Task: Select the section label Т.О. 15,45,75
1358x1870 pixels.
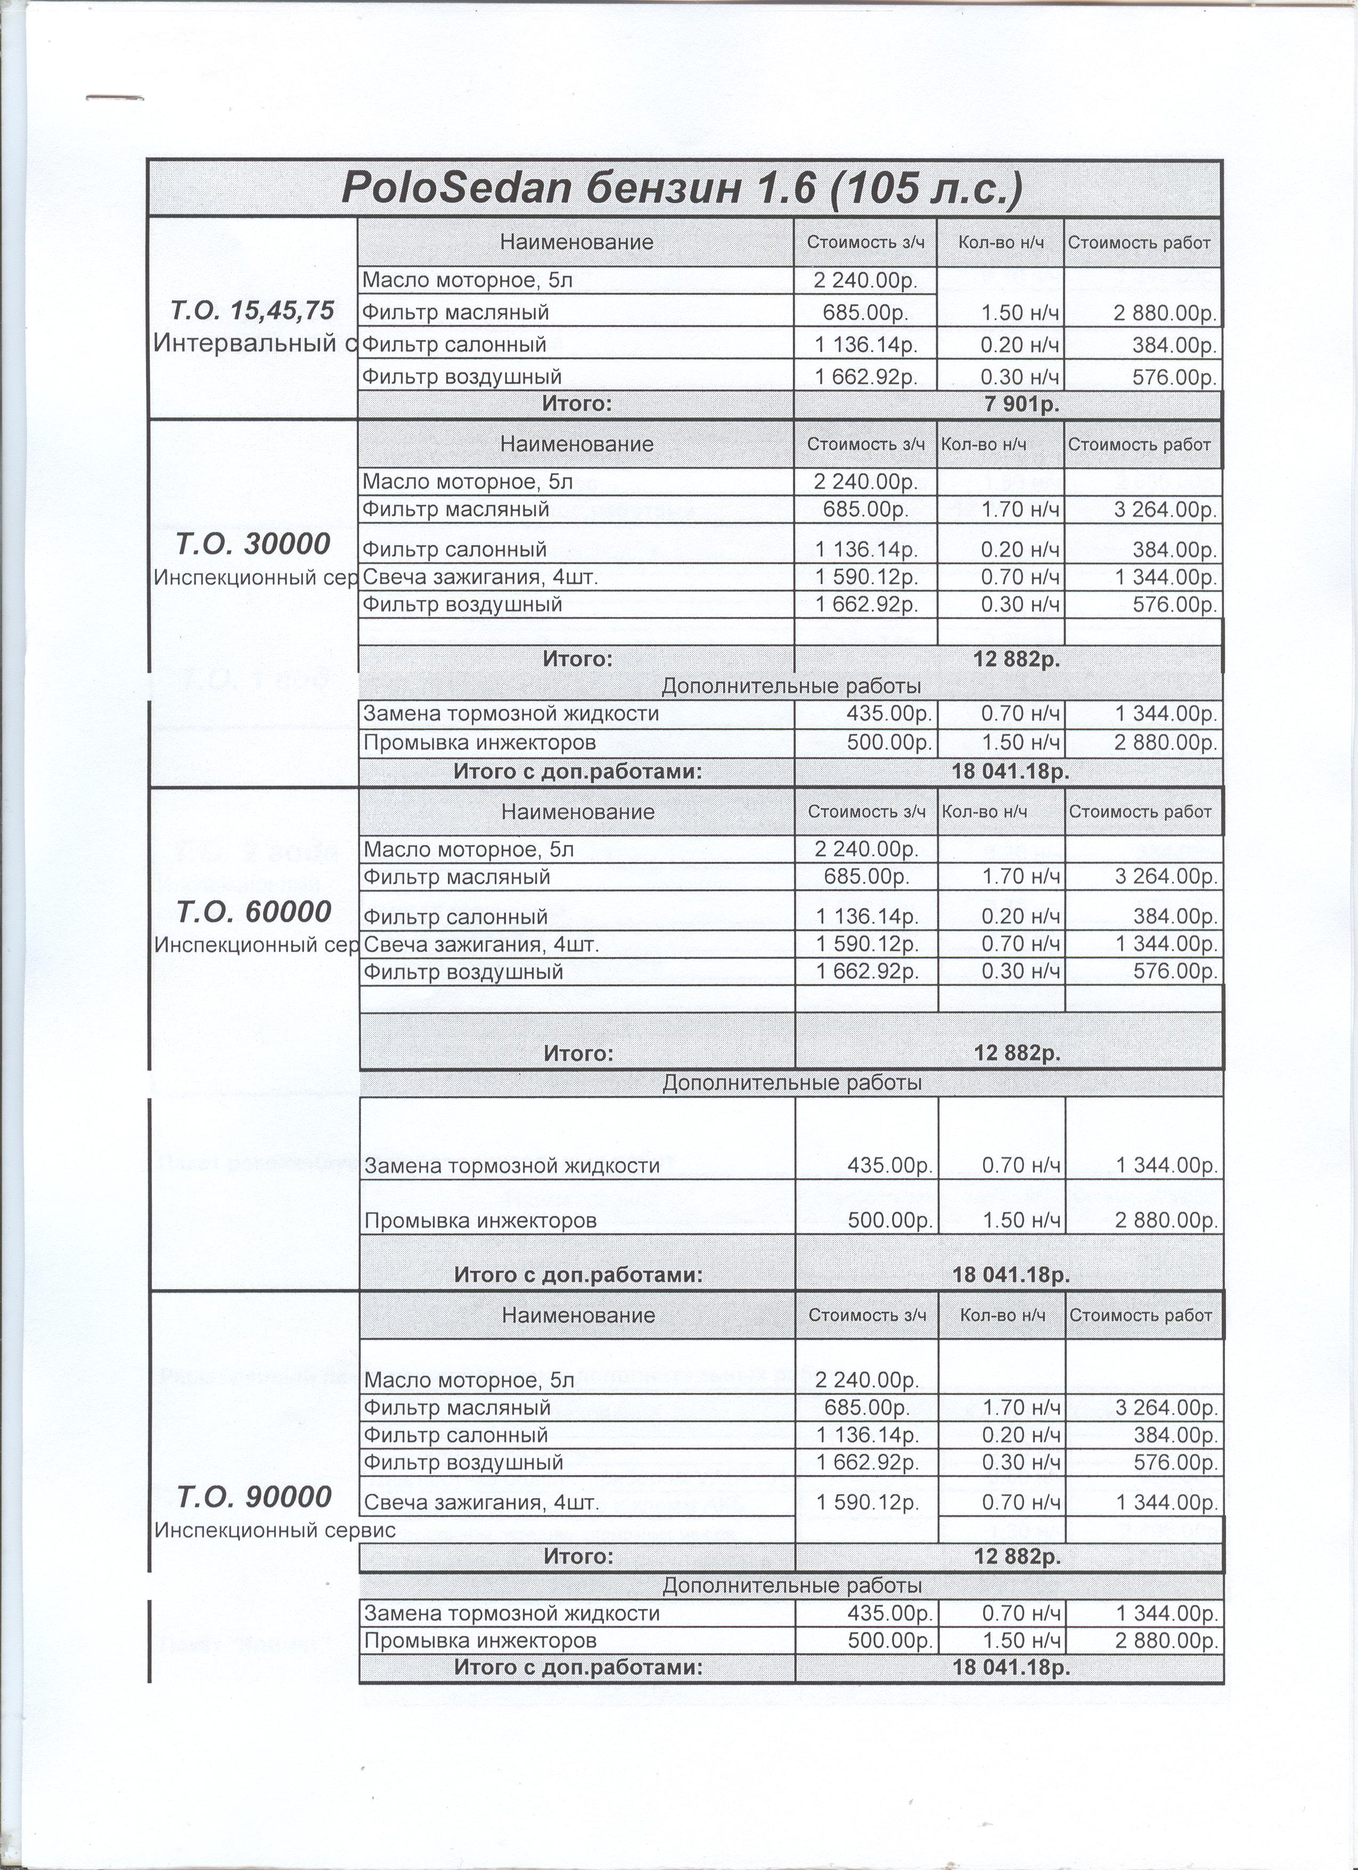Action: (252, 311)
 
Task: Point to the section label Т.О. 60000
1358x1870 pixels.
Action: (254, 911)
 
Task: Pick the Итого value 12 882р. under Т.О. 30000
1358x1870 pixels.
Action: (1016, 660)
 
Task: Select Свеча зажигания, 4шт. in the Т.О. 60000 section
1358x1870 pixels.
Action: (481, 944)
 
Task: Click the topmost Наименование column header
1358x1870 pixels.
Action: (576, 242)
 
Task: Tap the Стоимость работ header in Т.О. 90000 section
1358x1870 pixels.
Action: (1141, 1315)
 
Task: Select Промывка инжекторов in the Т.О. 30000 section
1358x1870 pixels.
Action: (480, 743)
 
